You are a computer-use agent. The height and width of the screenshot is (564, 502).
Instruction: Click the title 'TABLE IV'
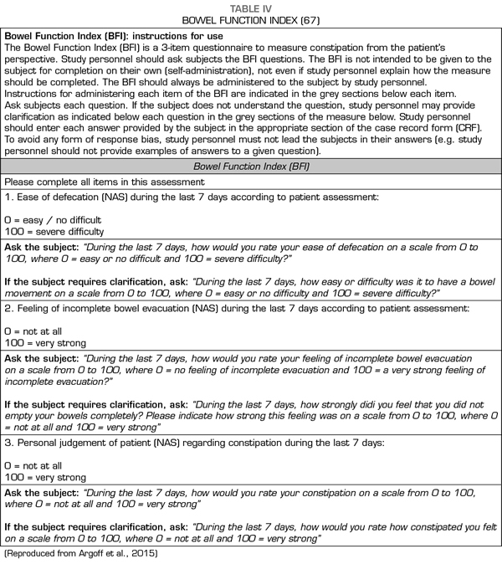[x=251, y=6]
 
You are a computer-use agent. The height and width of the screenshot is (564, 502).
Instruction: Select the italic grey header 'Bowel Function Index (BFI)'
[x=252, y=167]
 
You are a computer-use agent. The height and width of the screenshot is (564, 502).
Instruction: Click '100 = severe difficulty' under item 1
[x=54, y=232]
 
